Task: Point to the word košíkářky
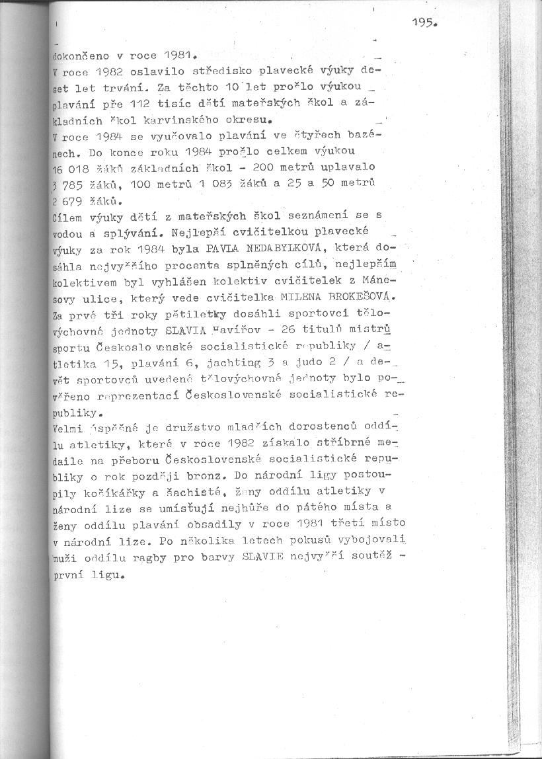(106, 491)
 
